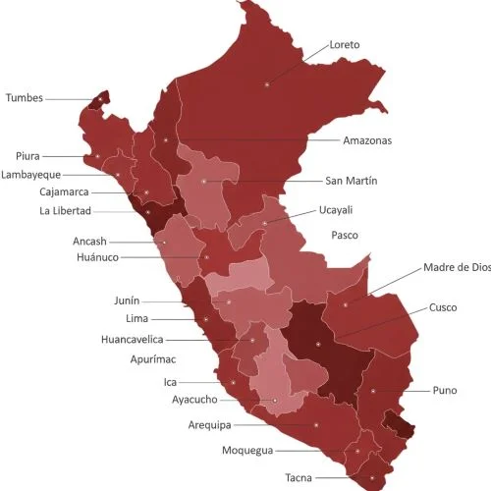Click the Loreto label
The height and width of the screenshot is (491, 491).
point(345,45)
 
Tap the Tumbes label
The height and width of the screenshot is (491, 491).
point(25,97)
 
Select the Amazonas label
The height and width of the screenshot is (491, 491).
point(367,140)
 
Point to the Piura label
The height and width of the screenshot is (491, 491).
point(27,156)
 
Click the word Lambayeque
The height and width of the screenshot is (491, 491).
point(31,174)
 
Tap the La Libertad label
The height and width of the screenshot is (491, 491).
point(66,210)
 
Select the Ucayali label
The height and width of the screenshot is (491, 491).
point(336,210)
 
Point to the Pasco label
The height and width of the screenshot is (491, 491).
point(345,236)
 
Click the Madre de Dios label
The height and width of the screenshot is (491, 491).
point(457,267)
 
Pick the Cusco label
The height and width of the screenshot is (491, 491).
point(443,307)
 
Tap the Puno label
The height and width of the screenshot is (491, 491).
point(444,391)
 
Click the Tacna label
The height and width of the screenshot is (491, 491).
point(299,478)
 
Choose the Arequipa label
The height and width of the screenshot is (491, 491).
point(209,425)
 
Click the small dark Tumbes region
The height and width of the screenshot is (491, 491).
point(97,99)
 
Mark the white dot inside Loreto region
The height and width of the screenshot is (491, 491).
point(265,86)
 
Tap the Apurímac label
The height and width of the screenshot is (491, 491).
point(152,360)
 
